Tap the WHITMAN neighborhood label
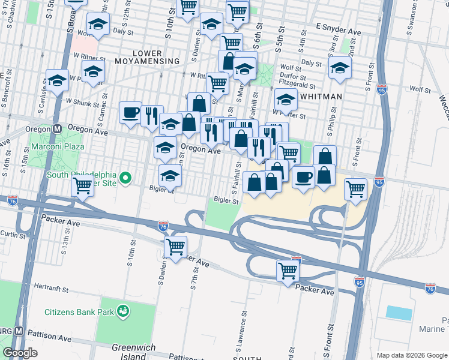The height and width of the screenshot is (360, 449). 322,97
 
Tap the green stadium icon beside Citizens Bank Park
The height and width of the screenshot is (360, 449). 124,311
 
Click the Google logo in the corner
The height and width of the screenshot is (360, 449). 20,353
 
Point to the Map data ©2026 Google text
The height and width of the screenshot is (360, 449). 411,355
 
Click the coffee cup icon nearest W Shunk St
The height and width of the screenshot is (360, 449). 130,112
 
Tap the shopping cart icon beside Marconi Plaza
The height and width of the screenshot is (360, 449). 82,185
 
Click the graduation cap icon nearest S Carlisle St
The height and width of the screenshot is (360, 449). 58,79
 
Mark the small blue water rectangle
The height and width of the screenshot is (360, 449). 399,313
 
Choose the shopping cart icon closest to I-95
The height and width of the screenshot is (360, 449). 356,188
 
